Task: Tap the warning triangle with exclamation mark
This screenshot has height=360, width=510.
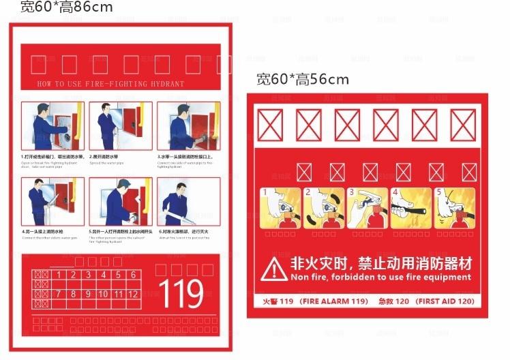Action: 274,269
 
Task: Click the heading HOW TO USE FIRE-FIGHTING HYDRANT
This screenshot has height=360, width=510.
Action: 110,84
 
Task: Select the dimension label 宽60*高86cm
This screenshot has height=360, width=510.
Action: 65,7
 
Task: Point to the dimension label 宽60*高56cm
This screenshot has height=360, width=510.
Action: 302,79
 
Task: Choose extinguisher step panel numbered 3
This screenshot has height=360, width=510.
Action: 366,208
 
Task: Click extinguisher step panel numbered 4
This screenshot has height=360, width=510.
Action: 410,208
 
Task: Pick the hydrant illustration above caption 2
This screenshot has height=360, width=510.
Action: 120,127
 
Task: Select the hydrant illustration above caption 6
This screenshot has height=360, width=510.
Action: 188,202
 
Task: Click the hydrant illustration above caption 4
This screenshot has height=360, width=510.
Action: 52,202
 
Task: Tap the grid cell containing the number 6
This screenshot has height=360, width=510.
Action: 133,275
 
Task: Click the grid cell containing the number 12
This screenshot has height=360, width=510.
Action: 133,294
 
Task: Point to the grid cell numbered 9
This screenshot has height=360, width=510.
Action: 89,294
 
